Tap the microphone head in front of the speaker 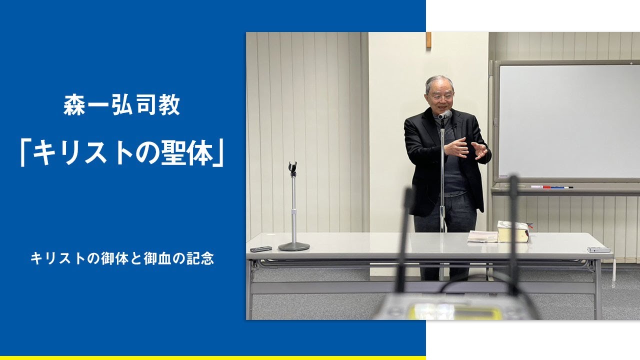click(x=444, y=115)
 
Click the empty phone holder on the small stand click(x=293, y=168)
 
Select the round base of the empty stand click(x=294, y=246)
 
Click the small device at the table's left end click(x=261, y=248)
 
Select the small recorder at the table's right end click(x=598, y=249)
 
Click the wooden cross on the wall click(x=428, y=40)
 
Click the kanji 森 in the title click(x=74, y=106)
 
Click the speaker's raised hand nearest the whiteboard click(x=479, y=150)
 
